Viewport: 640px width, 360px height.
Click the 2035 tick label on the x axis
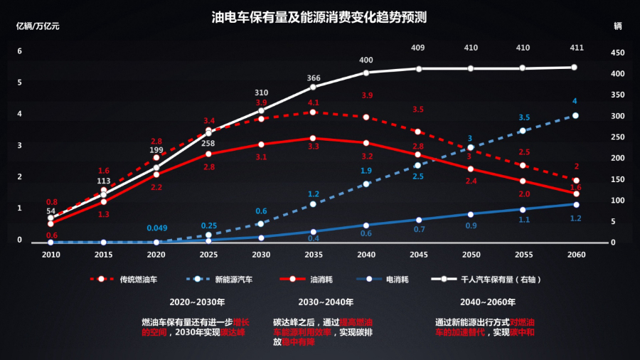click(314, 254)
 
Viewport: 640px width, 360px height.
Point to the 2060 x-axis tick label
click(576, 254)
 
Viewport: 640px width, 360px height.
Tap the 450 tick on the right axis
click(617, 52)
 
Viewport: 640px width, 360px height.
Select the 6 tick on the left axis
click(20, 51)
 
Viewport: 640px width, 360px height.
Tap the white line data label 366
click(314, 78)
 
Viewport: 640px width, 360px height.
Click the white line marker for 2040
click(366, 73)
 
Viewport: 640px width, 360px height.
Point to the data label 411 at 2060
click(576, 48)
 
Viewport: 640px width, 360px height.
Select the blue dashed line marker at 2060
click(576, 115)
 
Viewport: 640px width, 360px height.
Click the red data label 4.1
click(314, 103)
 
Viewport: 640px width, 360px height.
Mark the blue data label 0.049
click(157, 228)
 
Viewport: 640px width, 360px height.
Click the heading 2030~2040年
click(314, 302)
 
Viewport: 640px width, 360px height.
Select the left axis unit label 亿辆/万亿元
click(38, 26)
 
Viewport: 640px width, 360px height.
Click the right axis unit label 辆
click(617, 26)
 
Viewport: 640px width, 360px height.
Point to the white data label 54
click(50, 211)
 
